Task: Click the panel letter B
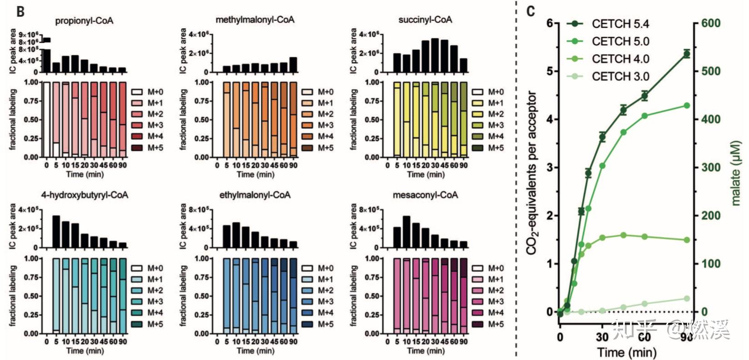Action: click(x=20, y=11)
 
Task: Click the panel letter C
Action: click(x=530, y=10)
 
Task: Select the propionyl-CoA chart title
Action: click(x=84, y=21)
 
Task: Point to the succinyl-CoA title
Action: click(x=425, y=20)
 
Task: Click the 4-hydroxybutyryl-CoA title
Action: click(x=85, y=195)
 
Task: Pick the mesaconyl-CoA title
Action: click(x=425, y=195)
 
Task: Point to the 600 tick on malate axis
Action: click(x=710, y=23)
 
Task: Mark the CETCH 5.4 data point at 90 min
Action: click(x=686, y=54)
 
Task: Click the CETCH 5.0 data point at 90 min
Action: click(x=686, y=105)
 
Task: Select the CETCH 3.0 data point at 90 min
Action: click(x=686, y=299)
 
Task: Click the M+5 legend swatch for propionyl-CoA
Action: click(x=137, y=148)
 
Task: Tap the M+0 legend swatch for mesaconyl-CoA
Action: click(x=478, y=268)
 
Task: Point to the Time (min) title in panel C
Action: click(x=627, y=352)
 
